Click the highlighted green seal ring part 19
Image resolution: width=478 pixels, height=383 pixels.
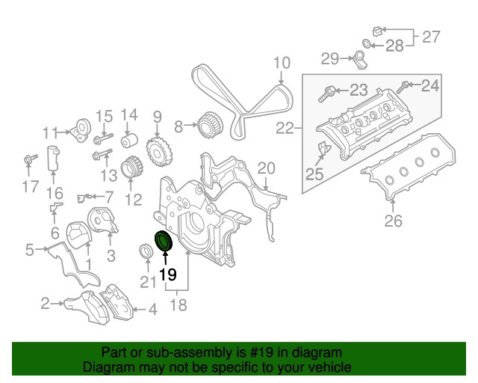pos(163,242)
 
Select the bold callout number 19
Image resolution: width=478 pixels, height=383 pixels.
pos(167,275)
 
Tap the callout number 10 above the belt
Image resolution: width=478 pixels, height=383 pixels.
pos(280,63)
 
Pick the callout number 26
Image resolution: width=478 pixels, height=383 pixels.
pos(393,220)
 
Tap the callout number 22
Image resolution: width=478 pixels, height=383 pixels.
pos(285,129)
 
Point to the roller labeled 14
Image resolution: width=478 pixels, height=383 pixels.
pos(129,141)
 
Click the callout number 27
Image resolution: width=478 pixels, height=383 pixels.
pos(432,35)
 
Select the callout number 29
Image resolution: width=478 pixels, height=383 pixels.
pos(331,58)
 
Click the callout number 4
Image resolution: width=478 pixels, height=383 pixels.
pos(152,308)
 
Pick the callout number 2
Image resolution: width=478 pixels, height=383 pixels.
pos(45,303)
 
